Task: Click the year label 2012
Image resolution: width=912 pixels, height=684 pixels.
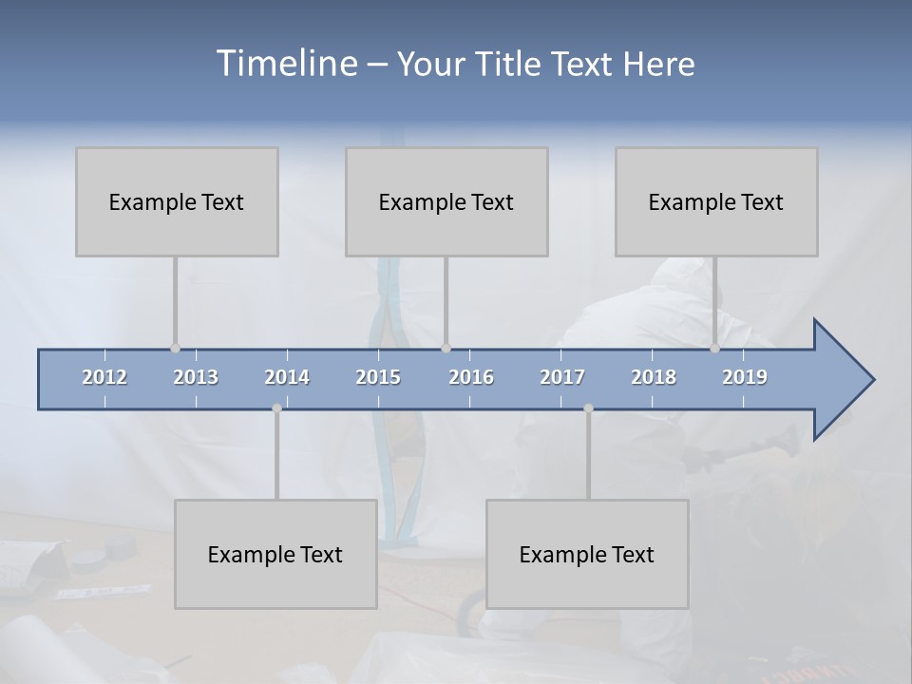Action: (104, 377)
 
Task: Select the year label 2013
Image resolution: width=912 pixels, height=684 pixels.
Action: (196, 377)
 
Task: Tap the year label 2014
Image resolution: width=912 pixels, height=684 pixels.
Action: (287, 377)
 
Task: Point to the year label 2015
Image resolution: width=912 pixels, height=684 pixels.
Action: (378, 377)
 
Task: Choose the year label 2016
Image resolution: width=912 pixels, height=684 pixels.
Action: (471, 377)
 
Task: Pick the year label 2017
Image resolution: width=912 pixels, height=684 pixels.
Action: (562, 377)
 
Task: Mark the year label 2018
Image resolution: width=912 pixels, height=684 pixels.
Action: (654, 377)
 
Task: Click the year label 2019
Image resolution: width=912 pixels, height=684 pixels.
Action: (745, 377)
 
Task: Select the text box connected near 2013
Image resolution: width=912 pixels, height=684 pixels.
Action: (177, 201)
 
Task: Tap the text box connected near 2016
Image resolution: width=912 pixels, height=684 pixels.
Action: (446, 201)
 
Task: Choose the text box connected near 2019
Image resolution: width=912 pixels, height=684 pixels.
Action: (716, 201)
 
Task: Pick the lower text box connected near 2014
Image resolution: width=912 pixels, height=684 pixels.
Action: (275, 554)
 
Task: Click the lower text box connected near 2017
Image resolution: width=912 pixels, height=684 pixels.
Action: (587, 554)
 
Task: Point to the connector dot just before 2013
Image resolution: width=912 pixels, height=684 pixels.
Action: (175, 348)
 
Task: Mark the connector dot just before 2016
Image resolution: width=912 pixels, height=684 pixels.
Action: (446, 348)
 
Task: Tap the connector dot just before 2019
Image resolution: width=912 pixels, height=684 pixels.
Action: (715, 348)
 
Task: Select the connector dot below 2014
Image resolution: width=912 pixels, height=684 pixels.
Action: (276, 408)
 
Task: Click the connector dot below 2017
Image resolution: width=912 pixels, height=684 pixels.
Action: (588, 408)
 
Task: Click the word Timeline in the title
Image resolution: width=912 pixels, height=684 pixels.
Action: (286, 64)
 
